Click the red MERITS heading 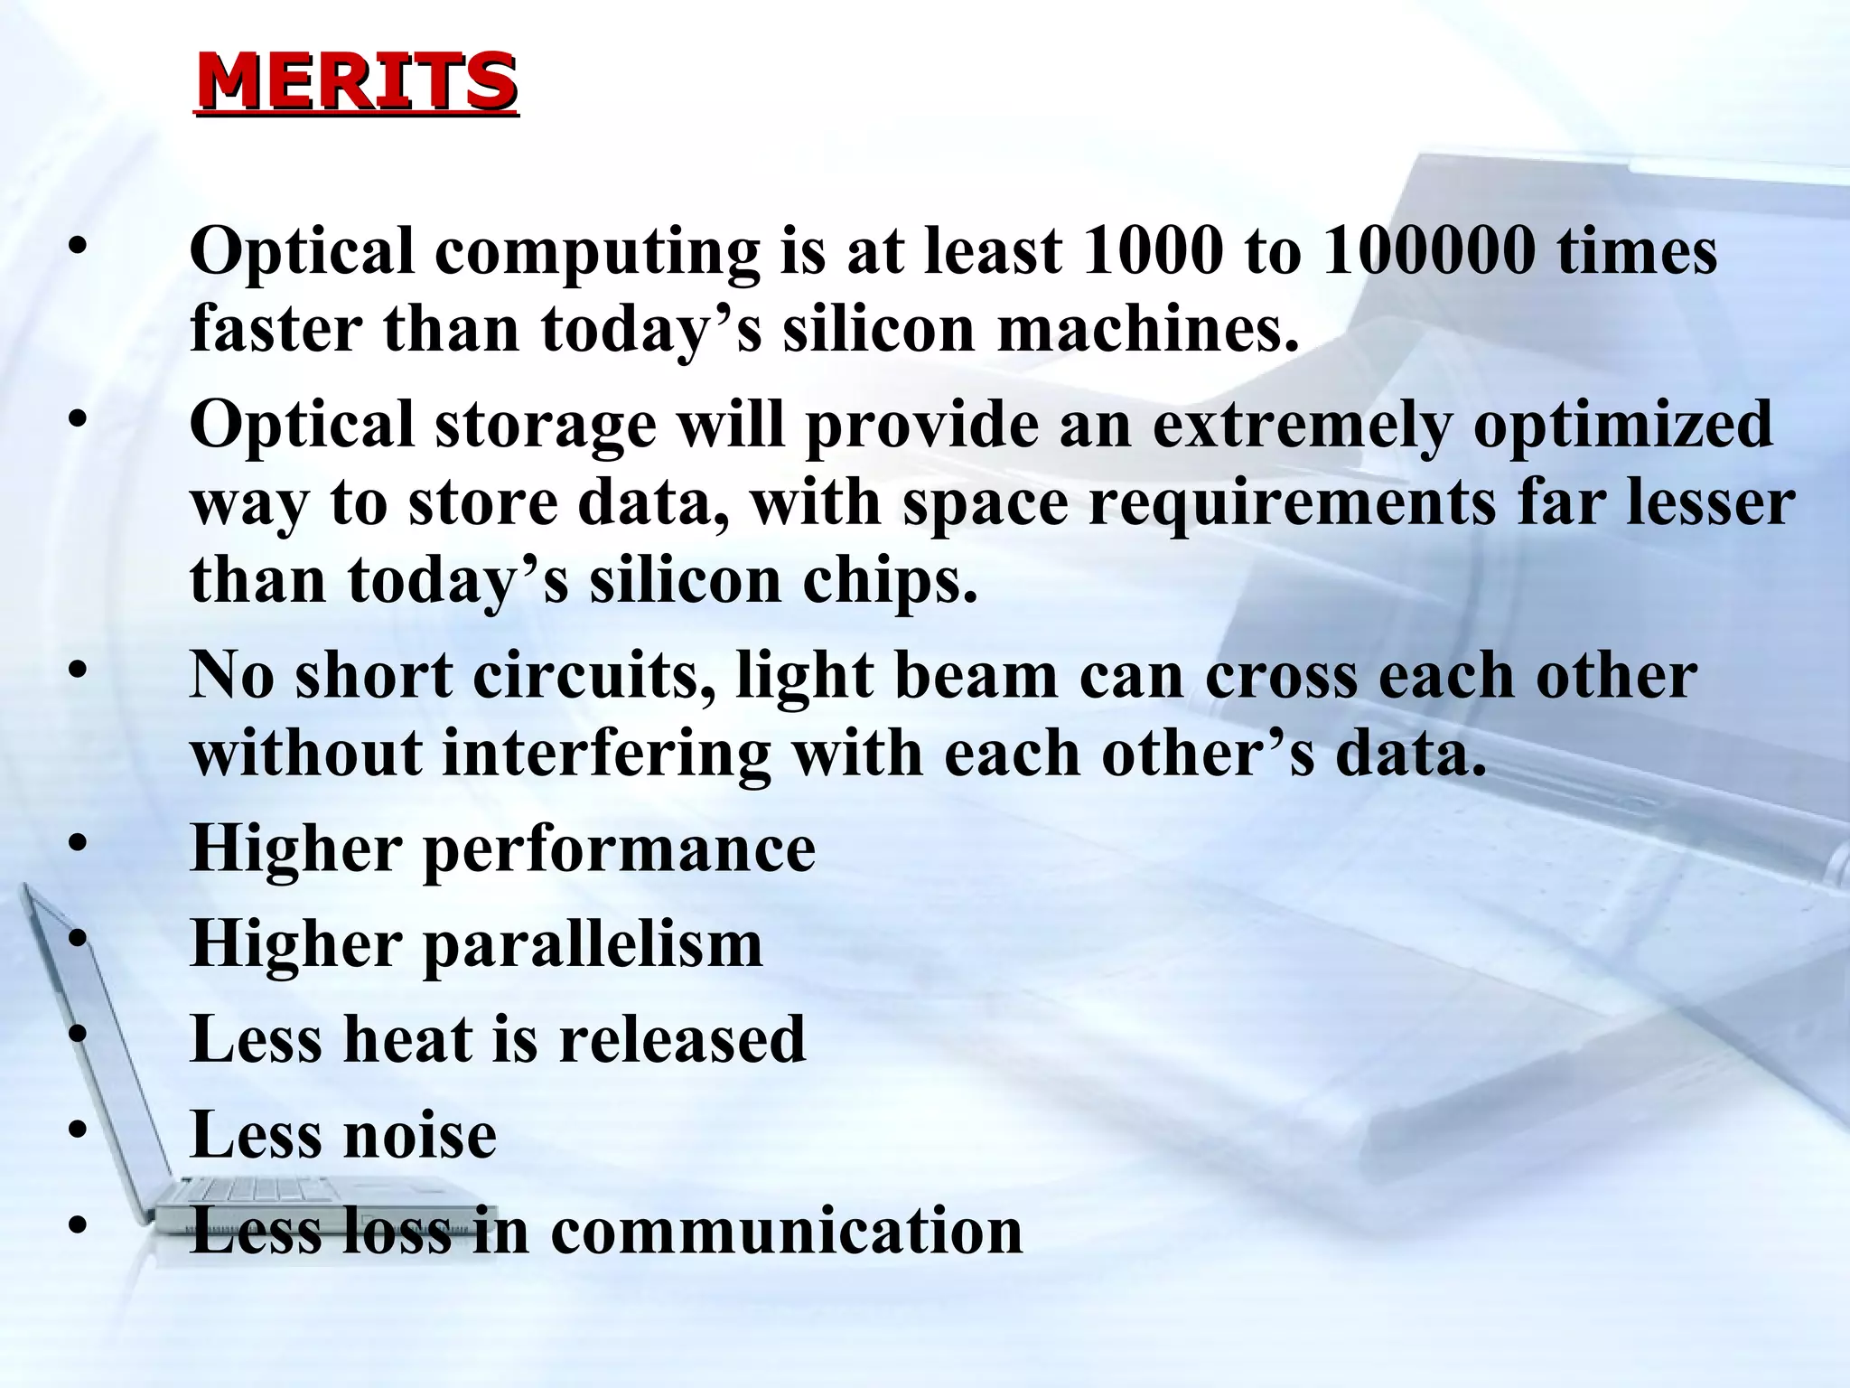pyautogui.click(x=357, y=82)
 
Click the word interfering pyautogui.click(x=606, y=755)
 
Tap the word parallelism pyautogui.click(x=593, y=945)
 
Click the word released pyautogui.click(x=682, y=1039)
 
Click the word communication pyautogui.click(x=786, y=1231)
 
